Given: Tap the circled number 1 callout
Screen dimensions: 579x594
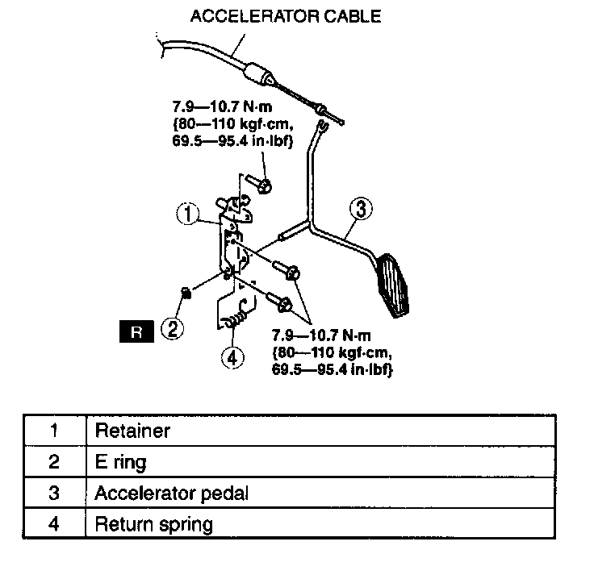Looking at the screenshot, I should [x=187, y=215].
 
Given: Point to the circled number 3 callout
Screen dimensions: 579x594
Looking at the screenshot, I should [x=361, y=209].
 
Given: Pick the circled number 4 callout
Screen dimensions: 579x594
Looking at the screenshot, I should [x=232, y=357].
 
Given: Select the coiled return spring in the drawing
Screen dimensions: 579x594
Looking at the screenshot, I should [x=235, y=321].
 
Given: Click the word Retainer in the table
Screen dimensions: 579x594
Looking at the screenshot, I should [x=132, y=431].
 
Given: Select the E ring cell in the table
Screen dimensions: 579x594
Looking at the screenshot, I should [x=120, y=462].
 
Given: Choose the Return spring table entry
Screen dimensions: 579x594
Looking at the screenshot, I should [x=153, y=525].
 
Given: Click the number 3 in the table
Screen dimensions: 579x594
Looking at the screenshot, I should [x=53, y=494].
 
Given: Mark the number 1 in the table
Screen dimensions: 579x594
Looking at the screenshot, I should [x=53, y=431].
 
